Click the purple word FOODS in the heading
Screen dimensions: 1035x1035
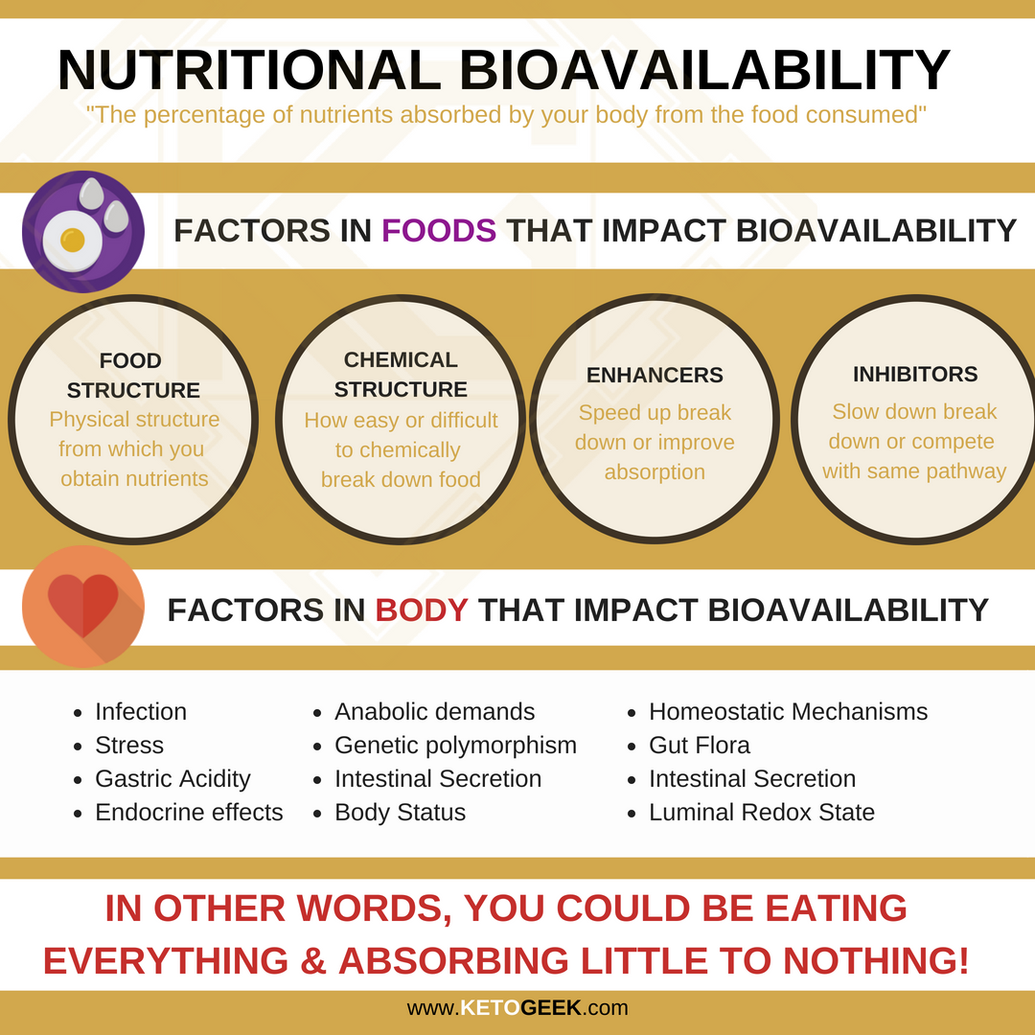point(439,230)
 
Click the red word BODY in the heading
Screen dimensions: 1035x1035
point(422,609)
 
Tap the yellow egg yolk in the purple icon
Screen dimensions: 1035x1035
point(73,241)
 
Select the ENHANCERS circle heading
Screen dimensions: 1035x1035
point(655,375)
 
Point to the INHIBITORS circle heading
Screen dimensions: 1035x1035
point(915,375)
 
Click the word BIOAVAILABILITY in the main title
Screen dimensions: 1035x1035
point(704,70)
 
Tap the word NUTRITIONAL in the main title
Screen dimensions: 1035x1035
point(249,70)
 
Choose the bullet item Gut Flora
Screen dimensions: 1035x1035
point(699,746)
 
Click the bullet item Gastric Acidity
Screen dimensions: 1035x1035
point(172,779)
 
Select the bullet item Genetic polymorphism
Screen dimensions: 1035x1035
point(455,746)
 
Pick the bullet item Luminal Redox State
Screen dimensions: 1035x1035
point(762,812)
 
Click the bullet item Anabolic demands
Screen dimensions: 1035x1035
point(435,711)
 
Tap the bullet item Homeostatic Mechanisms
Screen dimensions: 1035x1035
point(788,711)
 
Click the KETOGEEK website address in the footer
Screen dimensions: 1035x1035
point(517,1008)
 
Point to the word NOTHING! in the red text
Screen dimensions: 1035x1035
point(876,960)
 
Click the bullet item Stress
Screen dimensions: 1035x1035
point(129,746)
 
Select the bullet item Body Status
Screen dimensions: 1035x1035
point(400,812)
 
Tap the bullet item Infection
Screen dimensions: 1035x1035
point(141,711)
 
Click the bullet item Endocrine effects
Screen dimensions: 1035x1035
point(189,812)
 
